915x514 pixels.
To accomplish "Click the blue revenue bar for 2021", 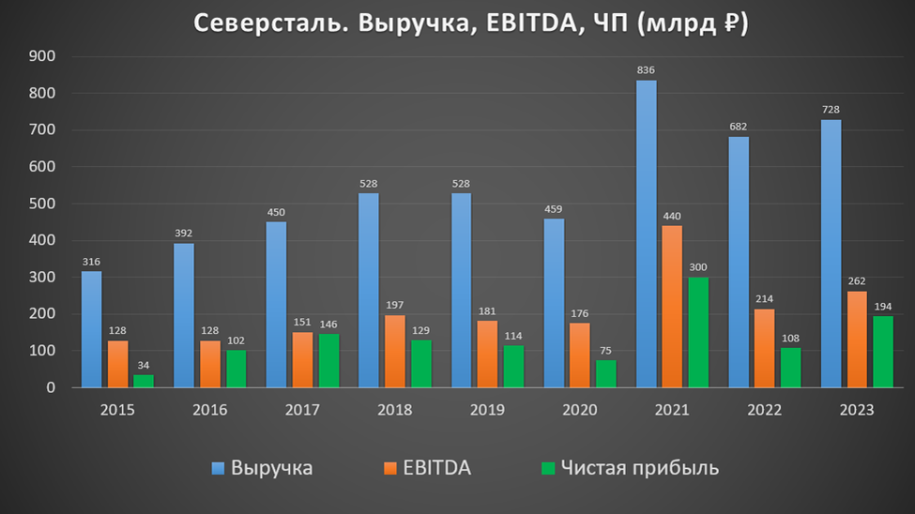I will point(647,234).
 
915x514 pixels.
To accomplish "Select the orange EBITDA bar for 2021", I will point(673,307).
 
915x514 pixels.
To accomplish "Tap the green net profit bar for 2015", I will point(143,381).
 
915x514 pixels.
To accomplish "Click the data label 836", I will point(647,70).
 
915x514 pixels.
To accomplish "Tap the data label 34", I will point(143,365).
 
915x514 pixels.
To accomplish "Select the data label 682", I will point(739,127).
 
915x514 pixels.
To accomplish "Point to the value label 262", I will point(857,280).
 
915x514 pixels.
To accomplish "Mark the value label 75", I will point(605,350).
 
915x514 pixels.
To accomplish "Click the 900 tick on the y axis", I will point(43,56).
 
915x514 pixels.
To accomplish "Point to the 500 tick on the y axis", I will point(43,204).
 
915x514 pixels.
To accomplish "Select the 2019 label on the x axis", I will point(487,410).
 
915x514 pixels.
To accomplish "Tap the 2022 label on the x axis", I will point(765,410).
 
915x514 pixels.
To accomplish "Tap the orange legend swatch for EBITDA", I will point(389,468).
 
